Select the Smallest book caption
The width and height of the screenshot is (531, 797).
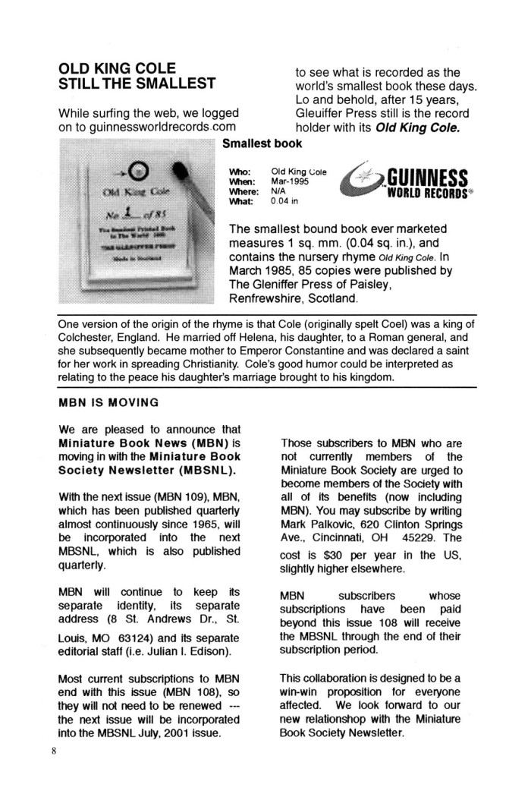[262, 143]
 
